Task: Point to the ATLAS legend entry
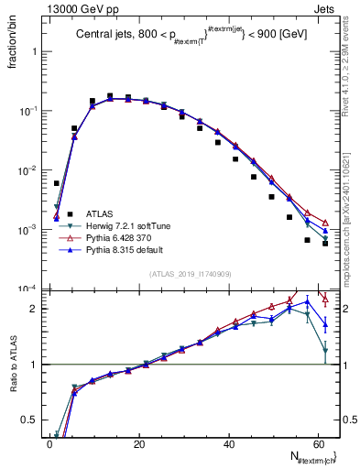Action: [105, 213]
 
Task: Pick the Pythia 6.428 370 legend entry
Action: [122, 236]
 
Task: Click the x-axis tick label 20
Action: [139, 443]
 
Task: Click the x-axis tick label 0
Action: [49, 443]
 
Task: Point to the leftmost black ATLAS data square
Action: [57, 183]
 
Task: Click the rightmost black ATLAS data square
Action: [325, 243]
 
